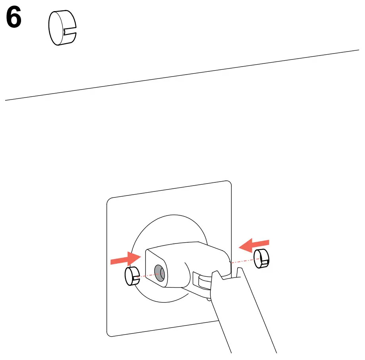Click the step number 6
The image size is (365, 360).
tap(14, 19)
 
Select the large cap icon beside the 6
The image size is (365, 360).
tap(60, 28)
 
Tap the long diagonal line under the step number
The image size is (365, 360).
tap(182, 75)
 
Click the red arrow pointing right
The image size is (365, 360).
tap(125, 259)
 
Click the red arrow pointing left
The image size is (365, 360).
tap(254, 245)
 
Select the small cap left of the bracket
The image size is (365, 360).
tap(132, 276)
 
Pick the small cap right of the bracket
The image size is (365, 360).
tap(261, 258)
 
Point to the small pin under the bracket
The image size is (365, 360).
tap(209, 299)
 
